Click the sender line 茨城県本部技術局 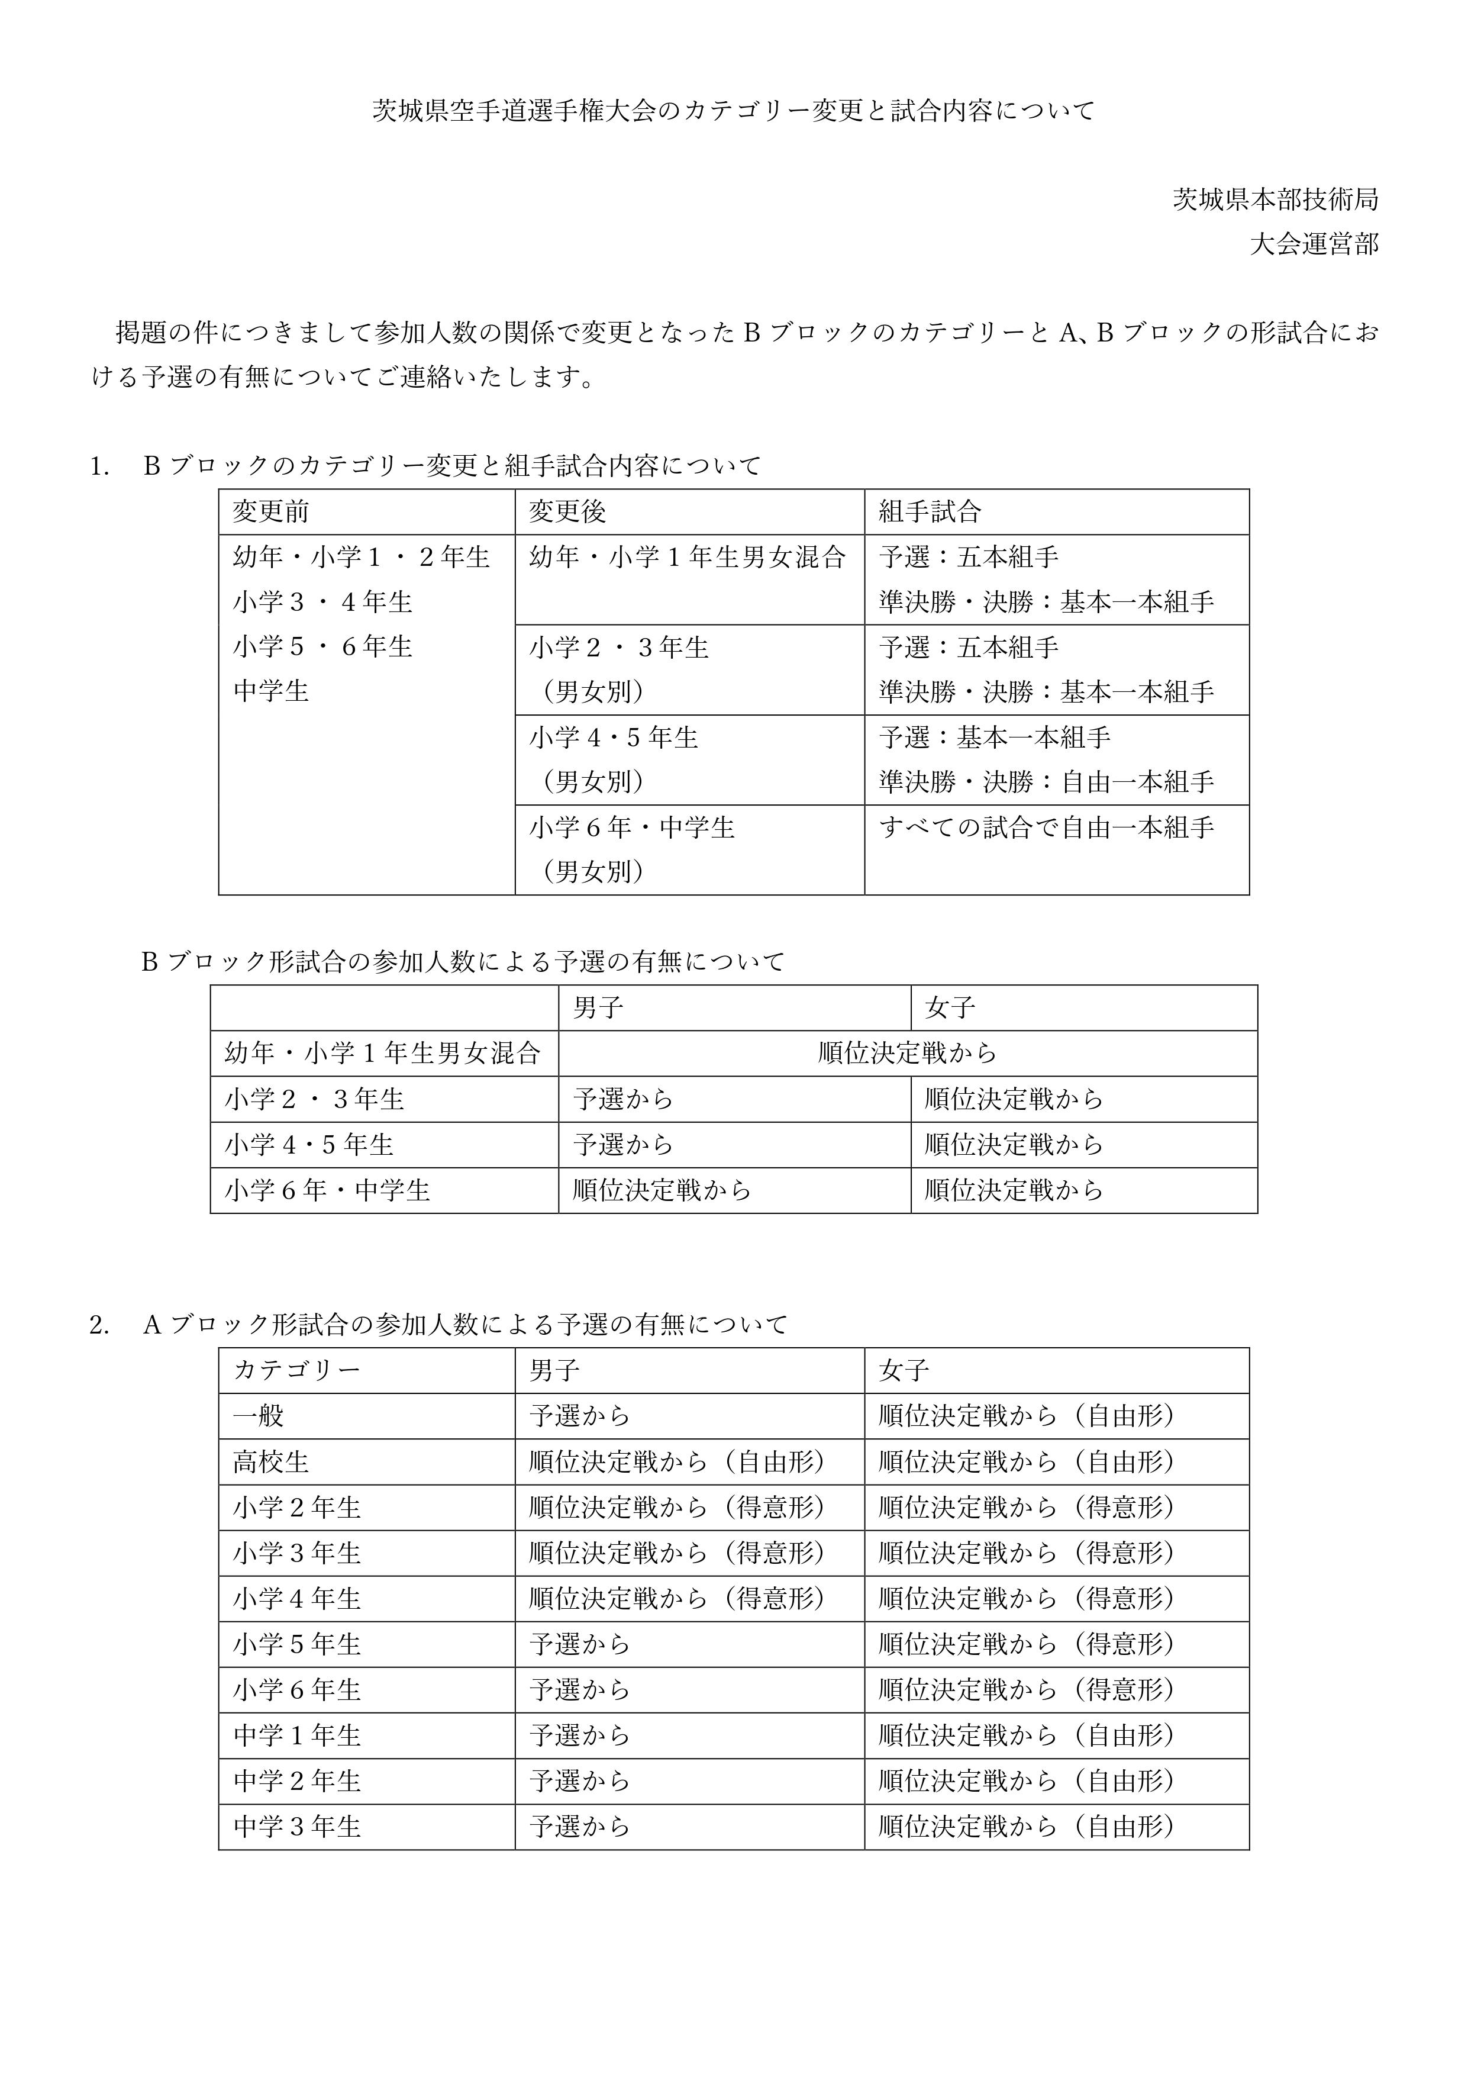[1275, 199]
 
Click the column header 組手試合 [930, 512]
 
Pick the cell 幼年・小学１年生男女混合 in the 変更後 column [688, 556]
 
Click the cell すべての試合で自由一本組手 [1047, 827]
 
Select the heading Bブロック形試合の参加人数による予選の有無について [463, 962]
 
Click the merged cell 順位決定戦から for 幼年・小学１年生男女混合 [907, 1053]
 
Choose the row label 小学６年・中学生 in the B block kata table [327, 1190]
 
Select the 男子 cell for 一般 [580, 1416]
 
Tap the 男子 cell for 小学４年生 [676, 1599]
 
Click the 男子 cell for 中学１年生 [580, 1735]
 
